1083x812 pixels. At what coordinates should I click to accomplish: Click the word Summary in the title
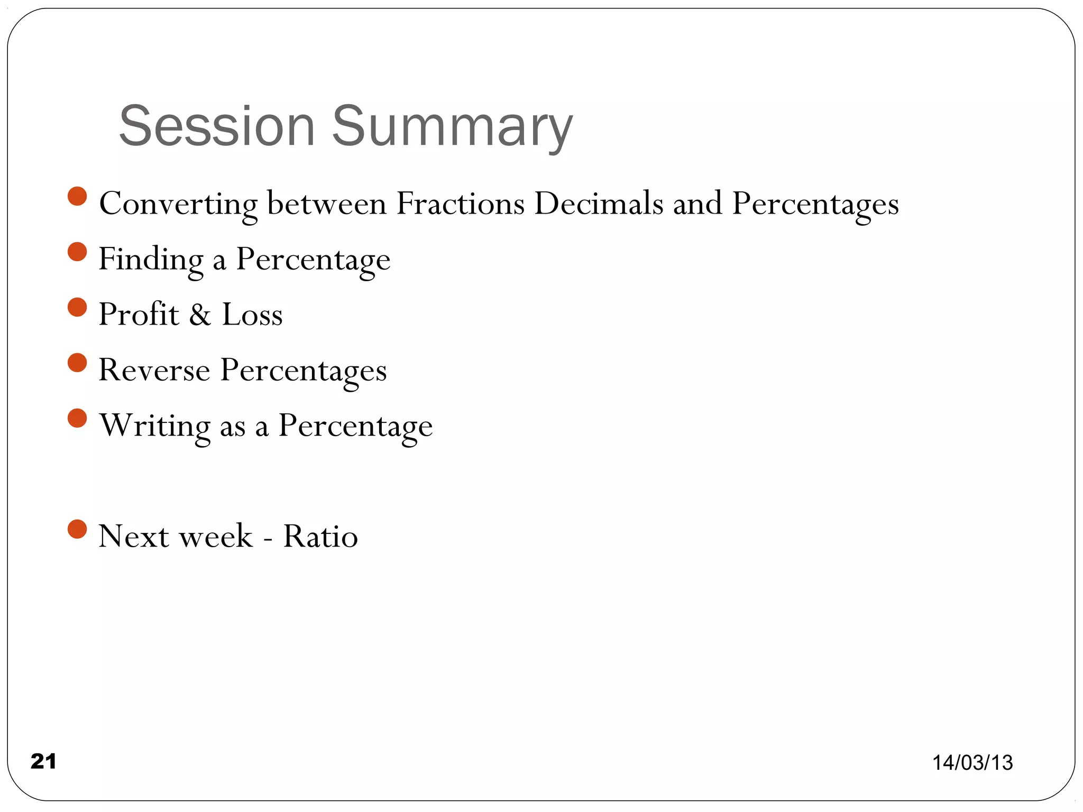click(452, 127)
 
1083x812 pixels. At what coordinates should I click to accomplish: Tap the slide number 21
click(43, 761)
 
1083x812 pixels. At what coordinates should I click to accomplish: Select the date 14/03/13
click(972, 762)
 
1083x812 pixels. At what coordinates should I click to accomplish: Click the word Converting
click(178, 204)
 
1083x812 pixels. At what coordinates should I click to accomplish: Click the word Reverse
click(154, 370)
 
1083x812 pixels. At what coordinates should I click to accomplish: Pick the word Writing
click(154, 426)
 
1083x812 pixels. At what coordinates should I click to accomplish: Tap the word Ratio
click(320, 536)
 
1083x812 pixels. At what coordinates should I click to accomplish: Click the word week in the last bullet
click(216, 536)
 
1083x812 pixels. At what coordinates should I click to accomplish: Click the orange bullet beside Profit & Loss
click(77, 307)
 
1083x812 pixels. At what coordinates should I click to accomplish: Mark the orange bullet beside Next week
click(77, 529)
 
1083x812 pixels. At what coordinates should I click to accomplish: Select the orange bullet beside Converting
click(77, 196)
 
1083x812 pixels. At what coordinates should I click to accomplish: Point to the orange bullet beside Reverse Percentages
click(77, 363)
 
